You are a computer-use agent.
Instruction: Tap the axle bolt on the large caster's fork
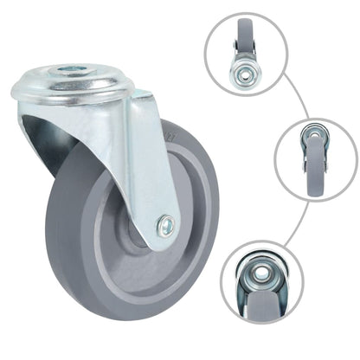[x=164, y=228]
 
